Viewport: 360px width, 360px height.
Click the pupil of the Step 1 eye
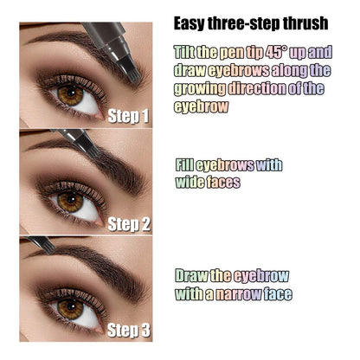[69, 94]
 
